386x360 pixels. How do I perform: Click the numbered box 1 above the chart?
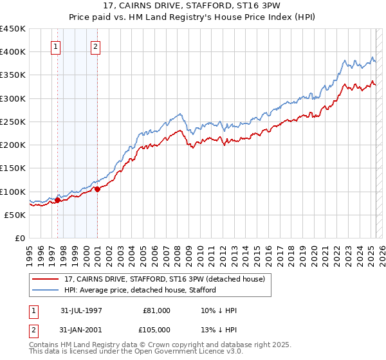point(56,46)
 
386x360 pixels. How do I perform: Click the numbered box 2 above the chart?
point(95,46)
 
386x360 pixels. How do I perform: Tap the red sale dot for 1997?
point(57,200)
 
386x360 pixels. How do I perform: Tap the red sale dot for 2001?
point(97,189)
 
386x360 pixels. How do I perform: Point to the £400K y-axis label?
point(12,52)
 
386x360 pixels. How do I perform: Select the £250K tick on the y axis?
point(12,122)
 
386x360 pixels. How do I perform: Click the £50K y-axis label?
point(15,215)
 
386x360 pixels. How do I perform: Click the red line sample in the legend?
point(46,278)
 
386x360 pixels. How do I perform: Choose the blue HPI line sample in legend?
point(46,289)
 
